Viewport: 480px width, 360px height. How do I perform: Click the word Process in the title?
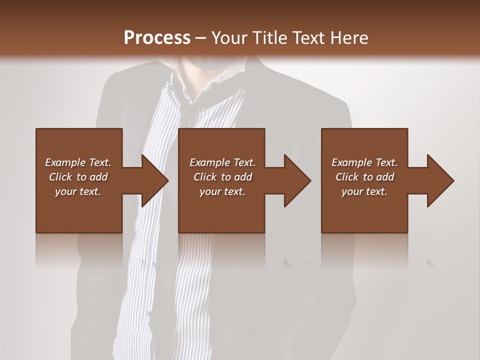click(157, 37)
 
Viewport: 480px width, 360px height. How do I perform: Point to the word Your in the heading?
click(229, 37)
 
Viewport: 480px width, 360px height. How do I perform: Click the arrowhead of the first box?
click(154, 180)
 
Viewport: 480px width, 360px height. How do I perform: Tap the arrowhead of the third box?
click(440, 180)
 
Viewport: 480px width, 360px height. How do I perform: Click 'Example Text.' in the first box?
click(78, 162)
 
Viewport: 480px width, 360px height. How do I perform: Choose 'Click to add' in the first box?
click(78, 177)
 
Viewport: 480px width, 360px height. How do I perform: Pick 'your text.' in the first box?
click(78, 191)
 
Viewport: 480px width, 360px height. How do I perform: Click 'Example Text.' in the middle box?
click(222, 162)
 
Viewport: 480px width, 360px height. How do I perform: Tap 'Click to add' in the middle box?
click(222, 177)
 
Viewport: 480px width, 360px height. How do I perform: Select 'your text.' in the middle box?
click(222, 191)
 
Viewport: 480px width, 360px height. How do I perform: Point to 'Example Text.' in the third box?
click(364, 162)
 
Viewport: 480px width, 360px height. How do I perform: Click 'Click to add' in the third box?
click(364, 177)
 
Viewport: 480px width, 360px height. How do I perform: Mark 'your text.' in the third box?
click(364, 191)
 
